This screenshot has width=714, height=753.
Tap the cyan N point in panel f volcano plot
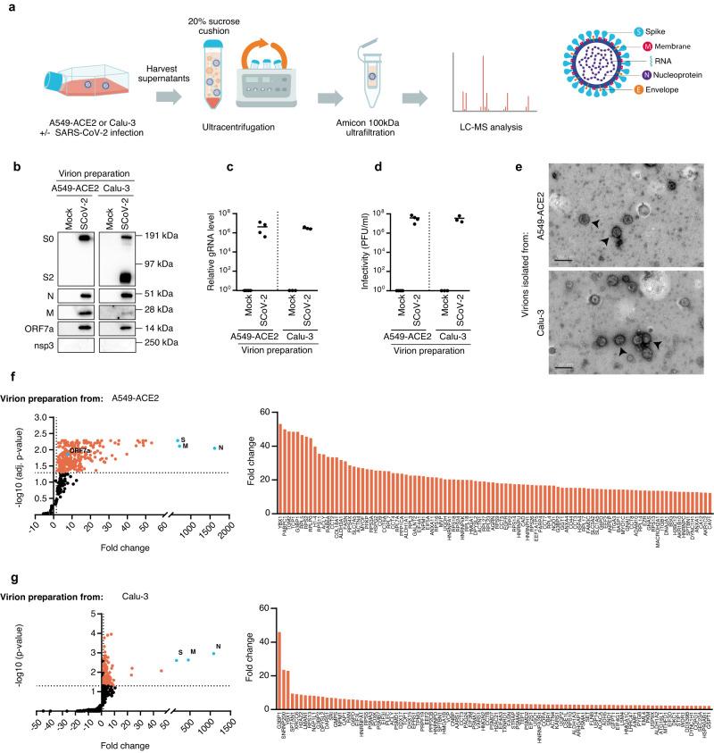point(214,448)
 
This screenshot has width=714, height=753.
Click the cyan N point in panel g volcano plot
point(214,654)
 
